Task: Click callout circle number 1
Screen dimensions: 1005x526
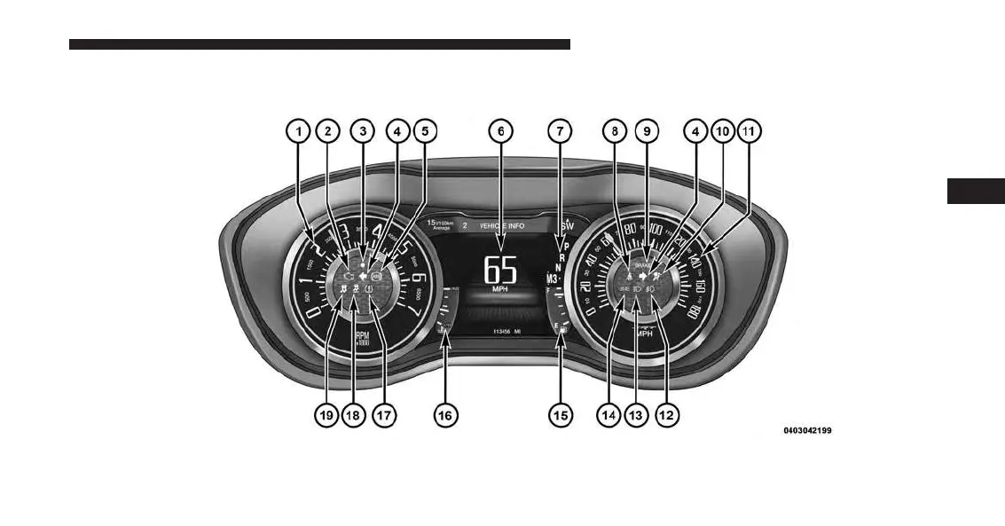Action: coord(299,131)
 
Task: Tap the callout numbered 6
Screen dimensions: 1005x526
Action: coord(501,131)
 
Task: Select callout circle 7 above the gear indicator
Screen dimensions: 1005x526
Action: coord(559,131)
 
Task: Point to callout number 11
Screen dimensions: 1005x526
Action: coord(750,131)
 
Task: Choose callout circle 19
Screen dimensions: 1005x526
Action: coord(327,414)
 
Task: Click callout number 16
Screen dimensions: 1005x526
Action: coord(445,414)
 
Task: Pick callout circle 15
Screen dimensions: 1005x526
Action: coord(558,414)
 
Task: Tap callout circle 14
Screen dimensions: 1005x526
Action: coord(608,414)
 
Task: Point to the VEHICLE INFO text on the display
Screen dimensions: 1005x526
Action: coord(502,226)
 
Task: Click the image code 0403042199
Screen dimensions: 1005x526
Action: coord(807,431)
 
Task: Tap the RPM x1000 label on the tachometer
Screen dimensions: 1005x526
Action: coord(362,340)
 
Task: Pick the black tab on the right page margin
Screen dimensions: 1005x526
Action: coord(976,191)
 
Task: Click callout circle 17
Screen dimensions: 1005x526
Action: coord(384,414)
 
